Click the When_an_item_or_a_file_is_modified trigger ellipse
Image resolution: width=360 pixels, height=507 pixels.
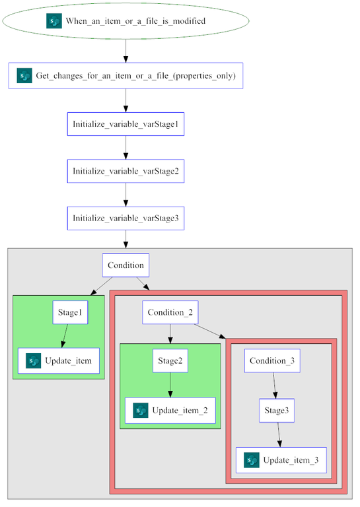[x=126, y=21]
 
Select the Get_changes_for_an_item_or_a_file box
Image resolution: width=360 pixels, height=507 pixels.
[x=126, y=76]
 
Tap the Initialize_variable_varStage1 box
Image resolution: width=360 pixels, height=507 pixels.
[x=126, y=124]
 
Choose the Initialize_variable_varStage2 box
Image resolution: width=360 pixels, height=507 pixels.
[x=126, y=171]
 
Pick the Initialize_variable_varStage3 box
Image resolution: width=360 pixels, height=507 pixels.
[x=126, y=218]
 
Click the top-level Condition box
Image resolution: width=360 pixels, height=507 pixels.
[x=126, y=265]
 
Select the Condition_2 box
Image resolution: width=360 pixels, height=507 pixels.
[x=170, y=312]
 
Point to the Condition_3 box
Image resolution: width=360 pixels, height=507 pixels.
[x=273, y=361]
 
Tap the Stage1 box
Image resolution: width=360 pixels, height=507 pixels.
[x=71, y=313]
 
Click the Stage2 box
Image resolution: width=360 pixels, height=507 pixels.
[x=170, y=361]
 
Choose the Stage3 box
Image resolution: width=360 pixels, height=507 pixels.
[x=276, y=410]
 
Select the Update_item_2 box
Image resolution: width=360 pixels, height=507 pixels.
[x=170, y=411]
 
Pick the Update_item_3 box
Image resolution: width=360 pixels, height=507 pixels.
[x=281, y=459]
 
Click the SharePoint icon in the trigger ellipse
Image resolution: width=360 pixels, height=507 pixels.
[x=54, y=21]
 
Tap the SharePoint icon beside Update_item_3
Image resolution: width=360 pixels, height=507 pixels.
[x=251, y=459]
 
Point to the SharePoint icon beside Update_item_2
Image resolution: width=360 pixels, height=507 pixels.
[x=140, y=411]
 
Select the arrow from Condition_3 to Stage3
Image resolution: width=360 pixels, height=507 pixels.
[x=275, y=386]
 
